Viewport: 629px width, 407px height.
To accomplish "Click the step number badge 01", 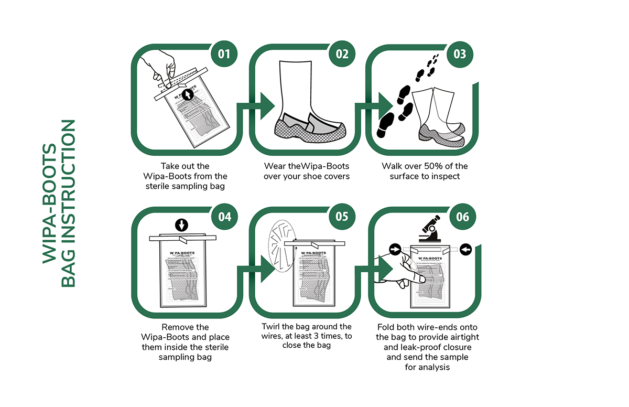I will tap(224, 54).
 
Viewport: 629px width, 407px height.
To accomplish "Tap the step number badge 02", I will tap(342, 54).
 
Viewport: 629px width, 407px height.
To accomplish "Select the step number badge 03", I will tap(460, 54).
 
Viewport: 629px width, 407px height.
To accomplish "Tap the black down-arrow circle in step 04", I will tap(181, 225).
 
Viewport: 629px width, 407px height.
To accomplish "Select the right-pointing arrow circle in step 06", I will tap(396, 249).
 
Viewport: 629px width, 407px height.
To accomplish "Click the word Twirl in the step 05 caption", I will tap(273, 327).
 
